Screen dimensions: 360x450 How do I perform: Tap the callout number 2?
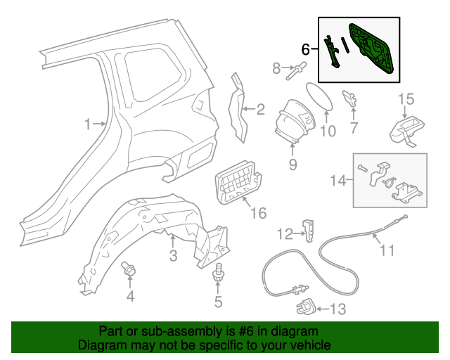tap(260, 109)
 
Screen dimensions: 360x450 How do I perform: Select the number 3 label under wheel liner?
tap(173, 254)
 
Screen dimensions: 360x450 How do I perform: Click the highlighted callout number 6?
tap(305, 49)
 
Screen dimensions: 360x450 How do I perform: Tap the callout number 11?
tap(388, 249)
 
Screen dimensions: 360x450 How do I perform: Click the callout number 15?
tap(407, 98)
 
